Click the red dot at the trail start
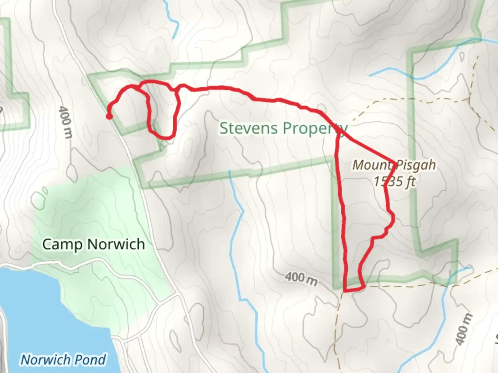coord(109,117)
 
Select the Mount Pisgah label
coord(394,165)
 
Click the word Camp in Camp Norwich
coord(62,244)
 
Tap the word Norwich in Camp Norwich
coord(116,244)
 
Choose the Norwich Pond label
coord(63,360)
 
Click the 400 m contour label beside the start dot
coord(65,123)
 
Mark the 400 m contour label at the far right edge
coord(463,329)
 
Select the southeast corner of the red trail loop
coord(363,286)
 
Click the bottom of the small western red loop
coord(166,138)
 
